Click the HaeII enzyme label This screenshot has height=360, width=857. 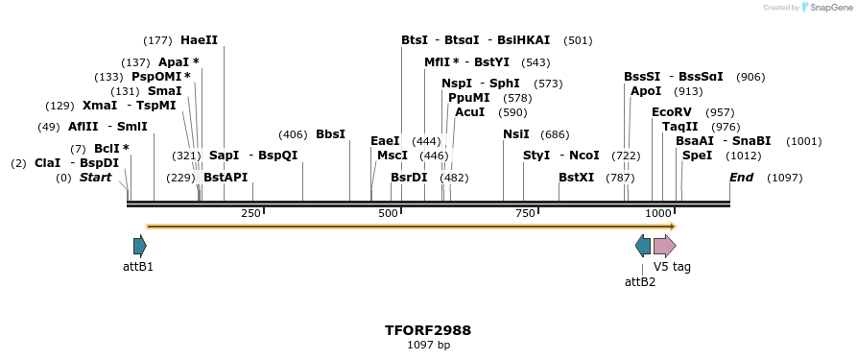199,40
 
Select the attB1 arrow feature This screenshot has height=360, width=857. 140,246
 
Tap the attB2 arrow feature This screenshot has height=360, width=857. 643,246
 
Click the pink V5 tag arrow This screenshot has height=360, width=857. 664,246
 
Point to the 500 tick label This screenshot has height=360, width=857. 389,213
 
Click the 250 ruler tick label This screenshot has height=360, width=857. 250,213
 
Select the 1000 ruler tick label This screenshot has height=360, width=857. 658,213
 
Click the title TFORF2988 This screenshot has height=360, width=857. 428,330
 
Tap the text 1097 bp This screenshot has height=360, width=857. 428,345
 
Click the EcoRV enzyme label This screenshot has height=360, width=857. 672,112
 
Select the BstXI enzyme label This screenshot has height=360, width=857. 576,178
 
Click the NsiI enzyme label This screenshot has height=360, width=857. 516,134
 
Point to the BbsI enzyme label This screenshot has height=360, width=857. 330,134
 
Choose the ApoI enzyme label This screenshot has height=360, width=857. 646,91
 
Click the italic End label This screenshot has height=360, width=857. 741,178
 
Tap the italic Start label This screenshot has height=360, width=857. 95,178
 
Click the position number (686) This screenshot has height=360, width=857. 555,134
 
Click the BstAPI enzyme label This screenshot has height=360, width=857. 226,178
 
